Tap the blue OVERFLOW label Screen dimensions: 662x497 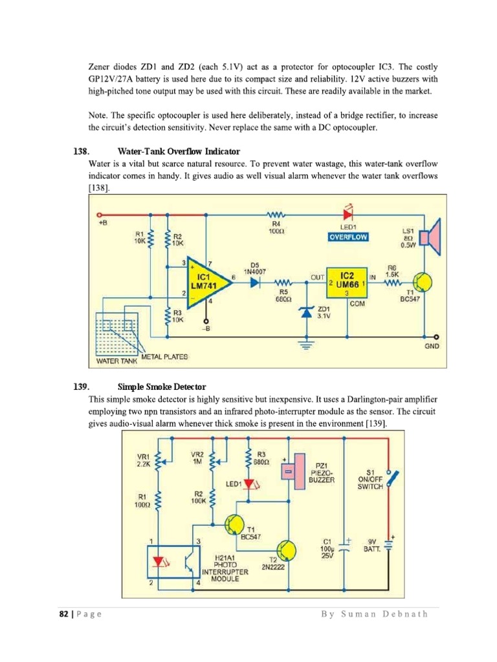[348, 237]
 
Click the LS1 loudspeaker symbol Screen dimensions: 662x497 [429, 235]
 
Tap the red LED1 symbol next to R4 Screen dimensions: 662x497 [348, 213]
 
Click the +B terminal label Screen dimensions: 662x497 [102, 223]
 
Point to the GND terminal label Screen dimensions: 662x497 [432, 347]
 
